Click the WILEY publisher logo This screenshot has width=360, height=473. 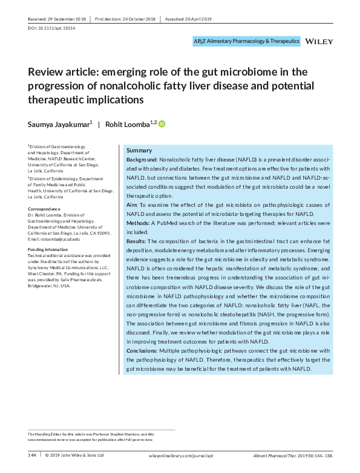(x=318, y=41)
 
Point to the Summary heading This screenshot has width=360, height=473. (x=139, y=150)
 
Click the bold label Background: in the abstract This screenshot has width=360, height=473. (x=142, y=159)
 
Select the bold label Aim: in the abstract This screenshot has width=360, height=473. (x=132, y=206)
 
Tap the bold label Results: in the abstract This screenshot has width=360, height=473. (x=138, y=241)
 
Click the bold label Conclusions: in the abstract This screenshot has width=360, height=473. (x=146, y=351)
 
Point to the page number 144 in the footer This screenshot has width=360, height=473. (x=33, y=455)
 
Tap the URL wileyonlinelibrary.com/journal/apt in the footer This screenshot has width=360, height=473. (x=180, y=455)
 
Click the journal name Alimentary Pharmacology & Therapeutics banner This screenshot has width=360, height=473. (x=246, y=41)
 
